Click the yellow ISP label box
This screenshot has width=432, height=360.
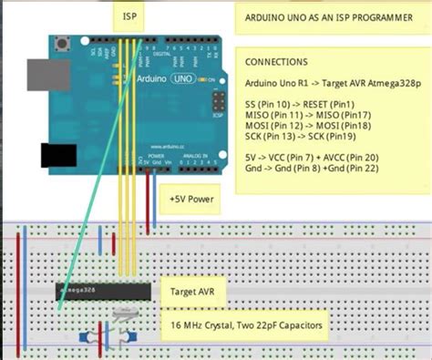130,16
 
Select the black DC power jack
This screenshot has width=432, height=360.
58,156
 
